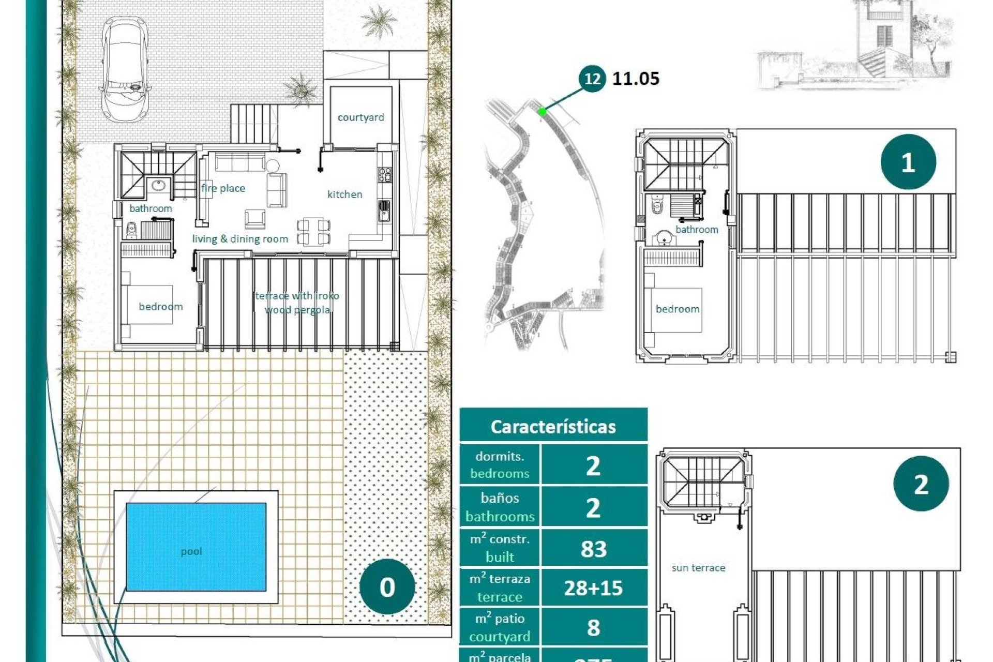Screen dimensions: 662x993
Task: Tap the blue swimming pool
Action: pyautogui.click(x=196, y=547)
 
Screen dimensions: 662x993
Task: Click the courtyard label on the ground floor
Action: pyautogui.click(x=360, y=117)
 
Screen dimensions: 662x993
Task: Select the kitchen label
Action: pyautogui.click(x=344, y=194)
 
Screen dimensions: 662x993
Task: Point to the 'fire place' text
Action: pyautogui.click(x=223, y=188)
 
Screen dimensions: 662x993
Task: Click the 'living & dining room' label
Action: pyautogui.click(x=240, y=239)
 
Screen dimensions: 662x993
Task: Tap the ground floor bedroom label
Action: pyautogui.click(x=160, y=307)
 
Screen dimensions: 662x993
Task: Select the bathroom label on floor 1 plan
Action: pyautogui.click(x=696, y=230)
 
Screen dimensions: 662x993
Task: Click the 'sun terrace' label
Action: pyautogui.click(x=698, y=568)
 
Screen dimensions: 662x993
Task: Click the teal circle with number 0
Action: pyautogui.click(x=387, y=586)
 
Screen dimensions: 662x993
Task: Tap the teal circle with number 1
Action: pyautogui.click(x=908, y=162)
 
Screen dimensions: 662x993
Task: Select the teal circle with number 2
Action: pyautogui.click(x=921, y=484)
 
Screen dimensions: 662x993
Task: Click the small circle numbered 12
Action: pyautogui.click(x=592, y=79)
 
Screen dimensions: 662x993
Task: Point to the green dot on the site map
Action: pyautogui.click(x=542, y=111)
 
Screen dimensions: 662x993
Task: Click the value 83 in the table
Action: pyautogui.click(x=593, y=549)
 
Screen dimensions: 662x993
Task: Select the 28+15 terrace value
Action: pyautogui.click(x=593, y=588)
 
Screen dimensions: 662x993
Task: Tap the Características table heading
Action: pyautogui.click(x=553, y=427)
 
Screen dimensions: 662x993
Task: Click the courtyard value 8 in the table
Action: pyautogui.click(x=593, y=627)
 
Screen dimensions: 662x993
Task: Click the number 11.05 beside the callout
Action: pyautogui.click(x=636, y=79)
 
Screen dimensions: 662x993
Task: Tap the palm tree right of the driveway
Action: pyautogui.click(x=378, y=22)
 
